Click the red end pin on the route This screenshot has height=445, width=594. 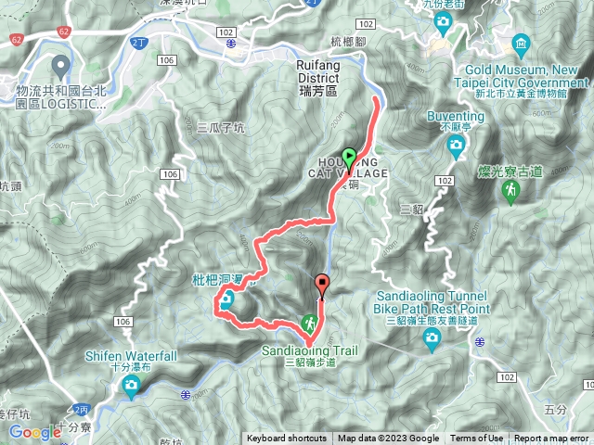coord(323,286)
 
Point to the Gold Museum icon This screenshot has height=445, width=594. coord(521,44)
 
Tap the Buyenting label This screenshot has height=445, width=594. coord(456,117)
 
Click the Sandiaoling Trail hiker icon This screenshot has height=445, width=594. coord(307,324)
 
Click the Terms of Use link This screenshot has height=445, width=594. coord(477,439)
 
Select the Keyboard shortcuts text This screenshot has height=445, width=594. coord(286,439)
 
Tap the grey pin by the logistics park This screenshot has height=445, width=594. coord(62,67)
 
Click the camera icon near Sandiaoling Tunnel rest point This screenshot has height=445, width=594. coord(431,341)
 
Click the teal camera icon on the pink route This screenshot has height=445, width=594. coord(227,300)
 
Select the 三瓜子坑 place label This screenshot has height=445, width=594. coord(221,128)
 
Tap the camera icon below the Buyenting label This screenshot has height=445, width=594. coord(456,145)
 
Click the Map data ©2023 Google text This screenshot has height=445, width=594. coord(388,439)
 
